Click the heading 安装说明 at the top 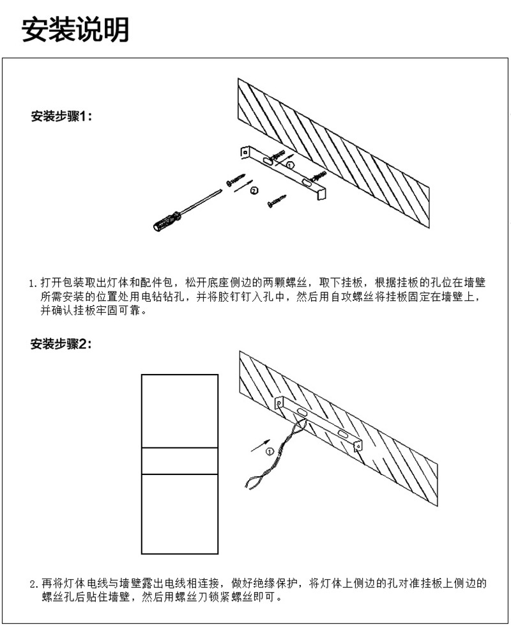[x=75, y=29]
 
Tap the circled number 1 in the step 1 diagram [x=289, y=165]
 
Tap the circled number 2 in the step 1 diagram [x=254, y=191]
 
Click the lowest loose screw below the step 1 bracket [x=276, y=202]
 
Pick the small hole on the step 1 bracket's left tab [x=245, y=152]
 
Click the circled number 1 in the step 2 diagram [x=270, y=451]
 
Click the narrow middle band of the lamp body [x=179, y=460]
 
